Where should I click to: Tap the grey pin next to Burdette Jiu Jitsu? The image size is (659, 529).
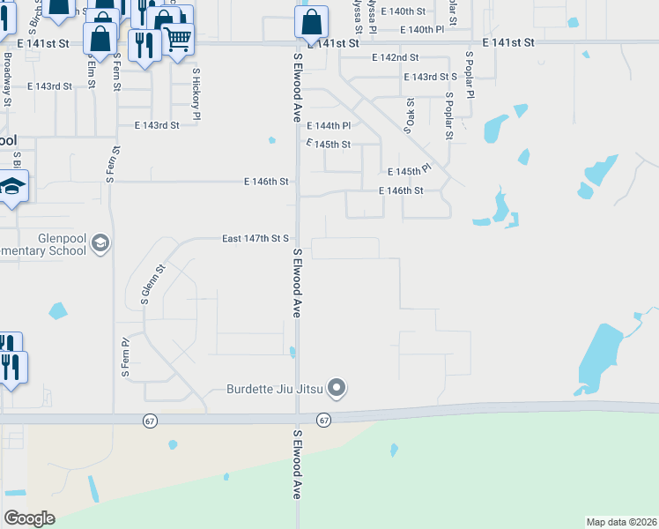pyautogui.click(x=336, y=387)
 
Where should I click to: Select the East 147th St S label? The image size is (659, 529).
pyautogui.click(x=255, y=238)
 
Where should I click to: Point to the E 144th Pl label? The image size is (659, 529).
pyautogui.click(x=329, y=126)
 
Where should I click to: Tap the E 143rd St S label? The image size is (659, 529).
pyautogui.click(x=431, y=77)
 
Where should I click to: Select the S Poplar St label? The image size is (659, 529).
pyautogui.click(x=448, y=115)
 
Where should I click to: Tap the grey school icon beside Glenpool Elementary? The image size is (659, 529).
pyautogui.click(x=100, y=243)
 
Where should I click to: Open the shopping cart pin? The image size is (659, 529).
pyautogui.click(x=177, y=38)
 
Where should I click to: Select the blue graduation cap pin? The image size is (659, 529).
pyautogui.click(x=11, y=187)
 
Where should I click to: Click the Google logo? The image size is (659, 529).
pyautogui.click(x=29, y=518)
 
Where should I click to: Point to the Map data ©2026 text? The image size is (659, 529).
pyautogui.click(x=620, y=522)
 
